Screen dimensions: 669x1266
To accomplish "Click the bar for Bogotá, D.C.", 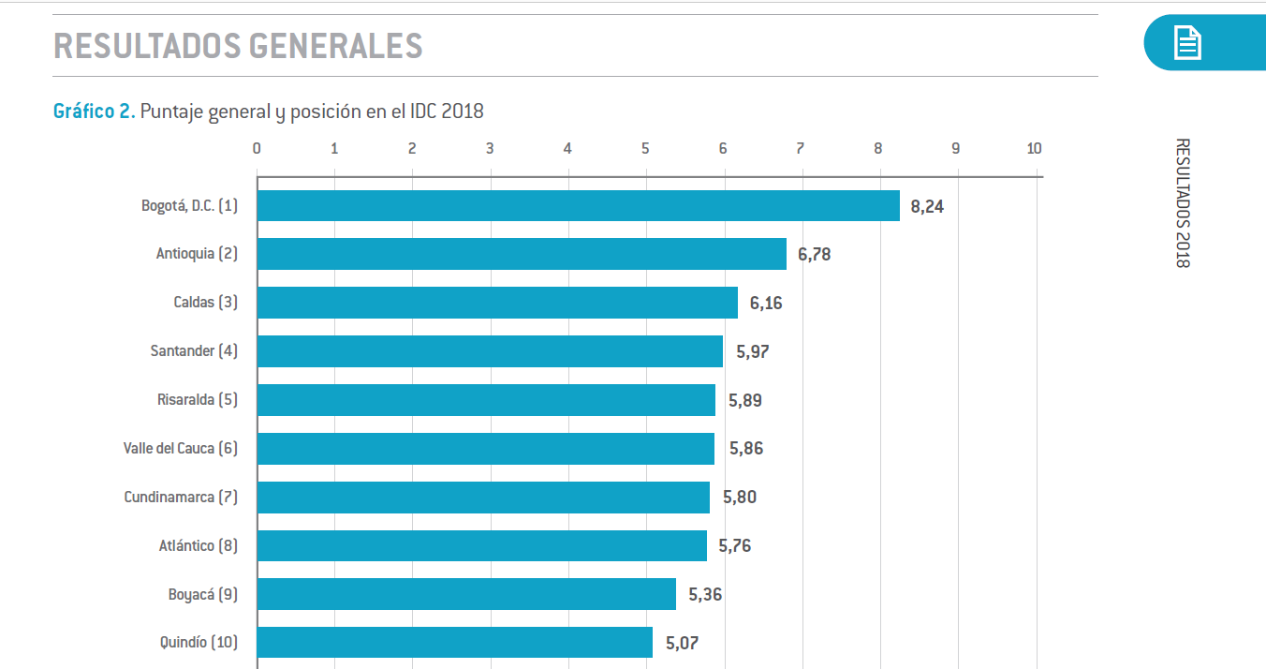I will (x=578, y=205).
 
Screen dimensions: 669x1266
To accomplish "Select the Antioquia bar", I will (x=522, y=254).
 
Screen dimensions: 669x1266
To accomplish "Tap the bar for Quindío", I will (x=454, y=643).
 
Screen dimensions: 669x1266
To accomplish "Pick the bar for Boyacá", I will (x=466, y=594).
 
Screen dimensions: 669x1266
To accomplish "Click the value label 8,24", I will (x=927, y=206).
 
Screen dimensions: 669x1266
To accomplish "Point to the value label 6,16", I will (x=766, y=303).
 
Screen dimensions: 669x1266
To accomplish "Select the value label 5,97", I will (x=752, y=351).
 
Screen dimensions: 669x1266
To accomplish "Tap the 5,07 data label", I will (x=682, y=643).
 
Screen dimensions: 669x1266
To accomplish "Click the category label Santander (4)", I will (x=194, y=351).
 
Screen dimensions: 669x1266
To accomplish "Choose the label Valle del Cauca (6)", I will (x=181, y=448).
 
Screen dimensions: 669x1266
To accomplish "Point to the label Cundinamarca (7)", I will (x=181, y=497).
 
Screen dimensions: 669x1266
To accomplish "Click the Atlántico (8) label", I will (x=198, y=545).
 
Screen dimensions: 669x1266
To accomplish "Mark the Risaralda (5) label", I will (x=197, y=400).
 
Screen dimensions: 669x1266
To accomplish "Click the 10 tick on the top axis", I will (x=1034, y=148).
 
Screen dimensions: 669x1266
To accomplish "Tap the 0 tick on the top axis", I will (x=257, y=148).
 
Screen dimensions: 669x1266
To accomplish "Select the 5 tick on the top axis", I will (x=645, y=148).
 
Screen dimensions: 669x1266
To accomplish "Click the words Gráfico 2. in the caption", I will (x=95, y=111).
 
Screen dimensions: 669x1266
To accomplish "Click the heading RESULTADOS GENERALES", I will (x=238, y=45).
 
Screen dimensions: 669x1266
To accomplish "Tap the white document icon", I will (x=1187, y=43).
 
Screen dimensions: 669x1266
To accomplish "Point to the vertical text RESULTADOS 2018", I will (x=1183, y=203).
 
